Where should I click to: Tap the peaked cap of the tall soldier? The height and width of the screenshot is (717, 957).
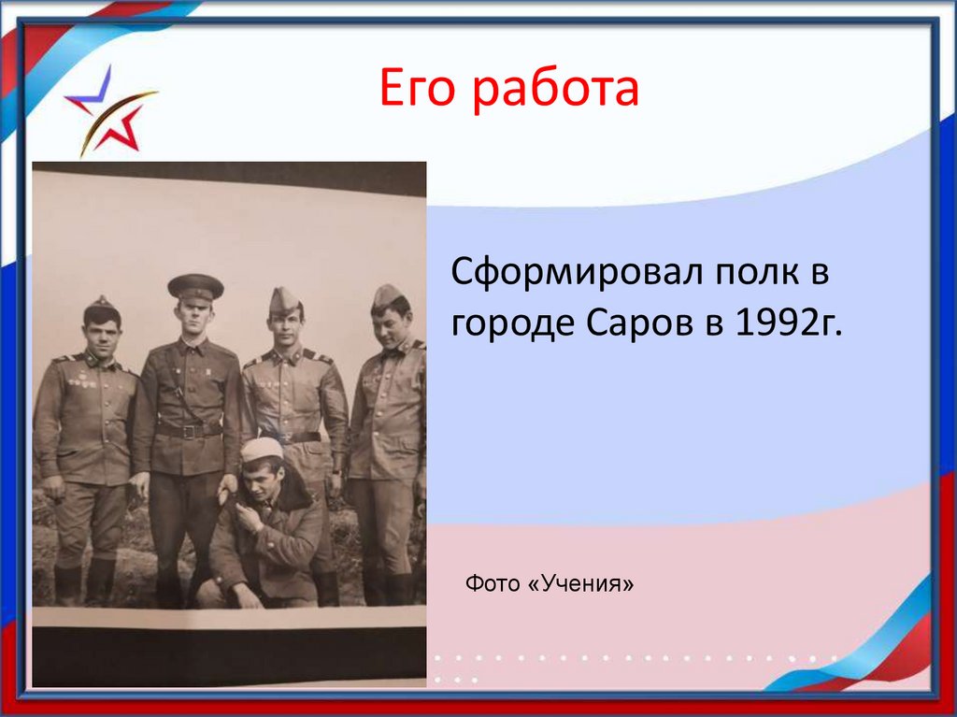click(195, 286)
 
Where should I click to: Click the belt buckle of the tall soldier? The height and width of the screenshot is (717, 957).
click(189, 431)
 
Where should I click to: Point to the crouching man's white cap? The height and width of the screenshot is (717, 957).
click(262, 449)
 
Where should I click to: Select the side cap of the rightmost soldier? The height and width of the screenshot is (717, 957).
click(387, 296)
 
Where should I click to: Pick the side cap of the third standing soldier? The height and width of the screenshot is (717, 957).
click(284, 300)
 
